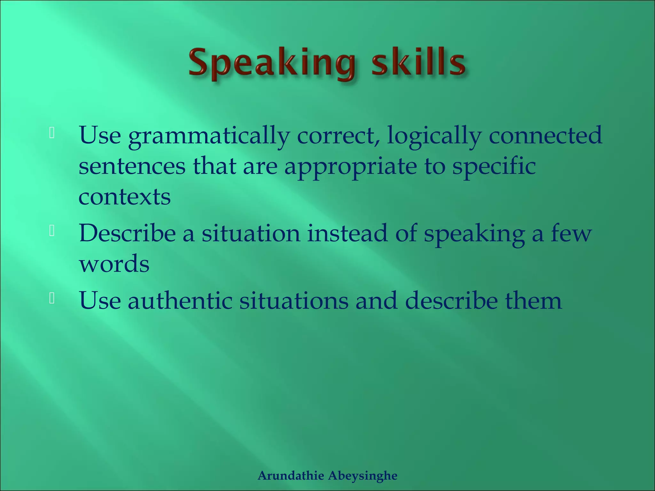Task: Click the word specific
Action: (494, 167)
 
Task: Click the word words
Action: (114, 264)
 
